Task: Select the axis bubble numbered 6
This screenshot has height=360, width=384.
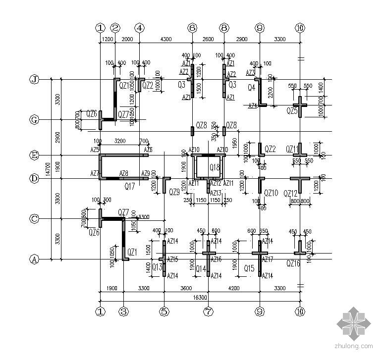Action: tap(192, 28)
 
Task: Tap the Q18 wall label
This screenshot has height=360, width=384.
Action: tap(215, 167)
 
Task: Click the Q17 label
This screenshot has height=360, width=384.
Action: tap(130, 186)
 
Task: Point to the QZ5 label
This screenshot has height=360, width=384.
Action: tap(292, 111)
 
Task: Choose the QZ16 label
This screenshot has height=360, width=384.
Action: tap(293, 264)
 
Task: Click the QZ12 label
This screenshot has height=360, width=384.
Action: tap(291, 193)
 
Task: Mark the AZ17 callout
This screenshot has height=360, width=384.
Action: tap(268, 259)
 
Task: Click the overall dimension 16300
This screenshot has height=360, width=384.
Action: tap(200, 297)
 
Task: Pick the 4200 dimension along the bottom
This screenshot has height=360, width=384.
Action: tap(233, 288)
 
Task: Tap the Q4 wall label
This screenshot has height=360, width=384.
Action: tap(251, 88)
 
